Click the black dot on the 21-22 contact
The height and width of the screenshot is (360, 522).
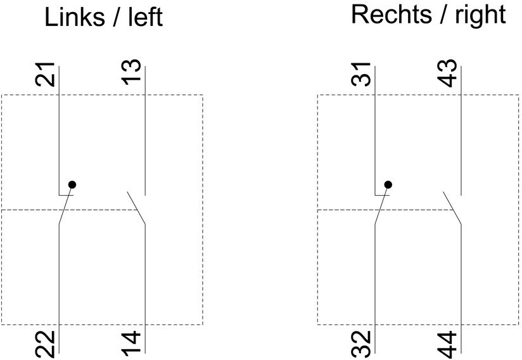click(72, 184)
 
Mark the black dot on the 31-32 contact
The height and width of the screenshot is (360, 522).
click(388, 184)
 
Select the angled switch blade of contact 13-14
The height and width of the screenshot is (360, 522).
click(136, 208)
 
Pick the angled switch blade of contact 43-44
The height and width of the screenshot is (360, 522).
click(452, 208)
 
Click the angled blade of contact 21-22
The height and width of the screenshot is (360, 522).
click(64, 208)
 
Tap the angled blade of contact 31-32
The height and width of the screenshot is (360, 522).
click(380, 208)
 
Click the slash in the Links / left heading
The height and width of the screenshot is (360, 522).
click(116, 18)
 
